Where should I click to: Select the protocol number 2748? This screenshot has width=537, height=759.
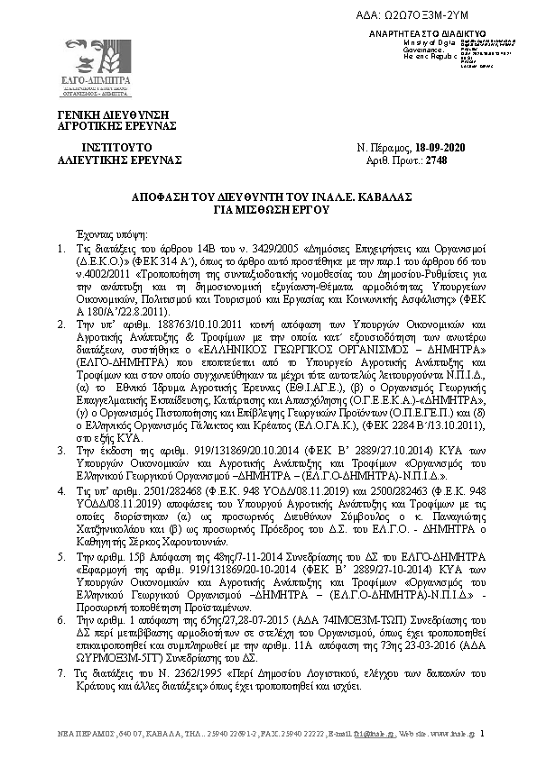tap(436, 160)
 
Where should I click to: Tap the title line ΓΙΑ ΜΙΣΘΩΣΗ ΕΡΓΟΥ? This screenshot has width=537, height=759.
tap(268, 206)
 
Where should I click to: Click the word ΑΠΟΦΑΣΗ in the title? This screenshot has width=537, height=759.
tap(158, 195)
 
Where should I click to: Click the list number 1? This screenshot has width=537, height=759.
tap(60, 247)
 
